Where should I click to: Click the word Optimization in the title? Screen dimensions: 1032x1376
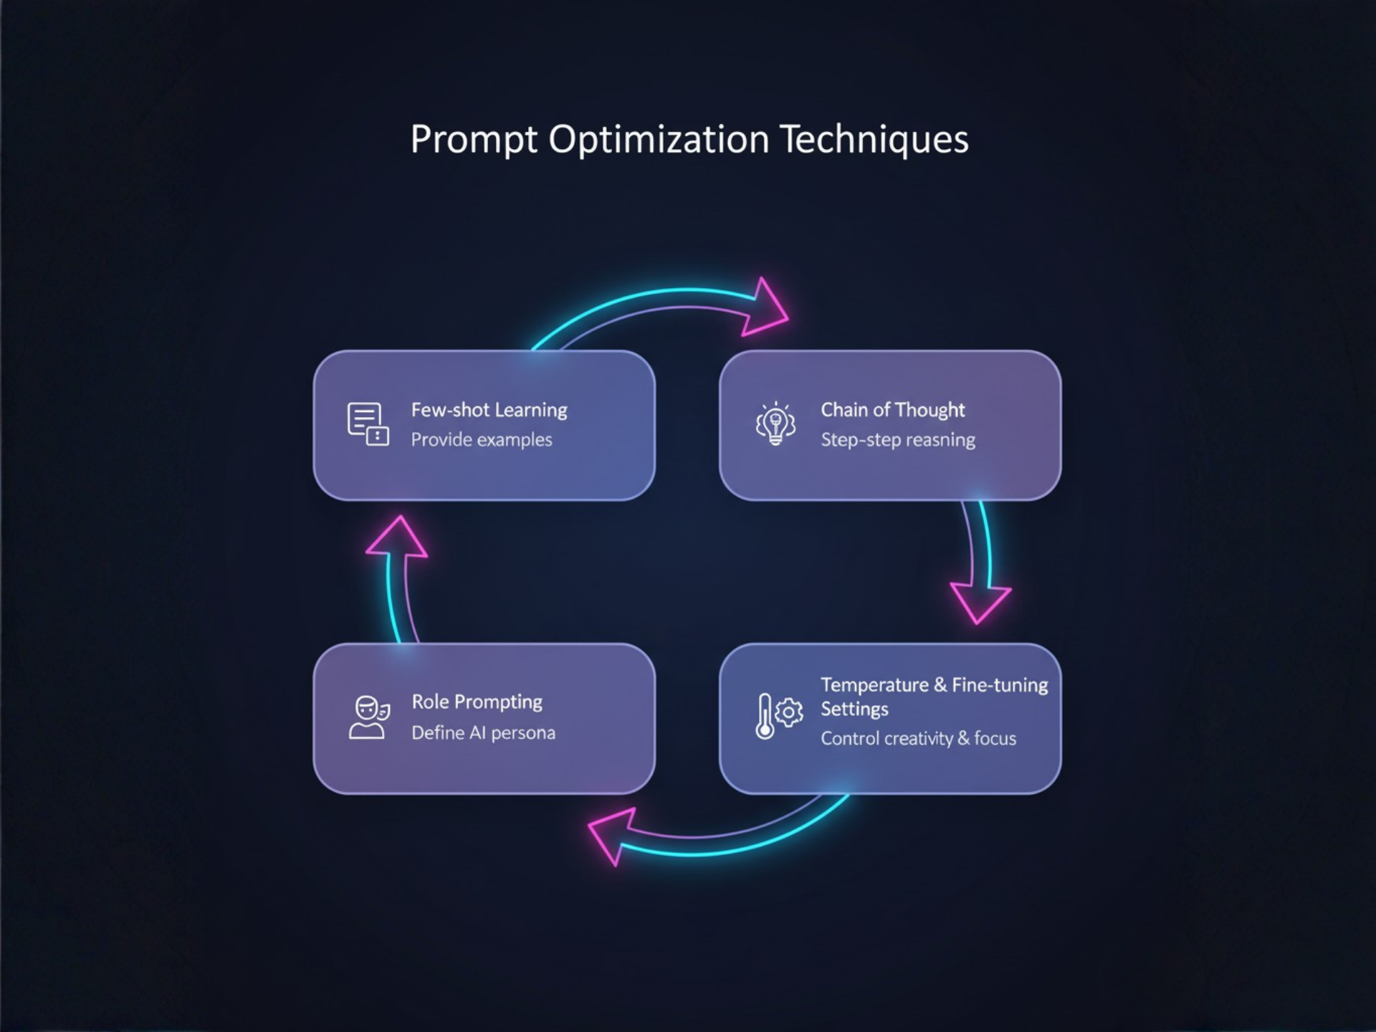point(659,139)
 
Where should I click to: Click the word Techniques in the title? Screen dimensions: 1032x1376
point(874,139)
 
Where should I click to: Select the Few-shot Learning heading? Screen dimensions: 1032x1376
point(489,410)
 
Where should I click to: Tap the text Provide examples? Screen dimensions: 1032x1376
point(482,440)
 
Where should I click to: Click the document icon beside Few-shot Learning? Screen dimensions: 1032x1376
point(368,424)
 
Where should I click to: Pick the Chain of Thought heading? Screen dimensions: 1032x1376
point(892,410)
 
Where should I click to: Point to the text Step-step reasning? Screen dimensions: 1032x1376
point(898,440)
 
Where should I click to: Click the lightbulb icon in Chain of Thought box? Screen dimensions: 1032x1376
point(775,424)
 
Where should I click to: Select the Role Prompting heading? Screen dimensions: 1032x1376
point(477,702)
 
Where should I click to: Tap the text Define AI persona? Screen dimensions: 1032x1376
point(483,733)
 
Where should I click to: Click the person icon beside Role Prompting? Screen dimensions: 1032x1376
point(368,717)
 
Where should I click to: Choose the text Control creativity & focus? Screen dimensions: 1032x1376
point(918,739)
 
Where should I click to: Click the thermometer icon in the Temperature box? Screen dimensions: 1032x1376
point(765,716)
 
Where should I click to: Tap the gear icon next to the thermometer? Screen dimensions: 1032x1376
point(789,712)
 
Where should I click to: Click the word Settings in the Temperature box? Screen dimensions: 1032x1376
point(854,709)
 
